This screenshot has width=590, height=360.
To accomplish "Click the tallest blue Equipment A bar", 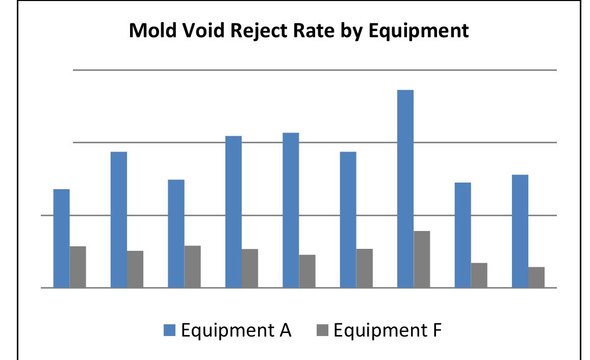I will [405, 189].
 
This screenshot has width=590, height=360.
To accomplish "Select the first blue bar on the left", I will [62, 238].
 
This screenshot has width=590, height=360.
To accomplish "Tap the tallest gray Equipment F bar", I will [422, 259].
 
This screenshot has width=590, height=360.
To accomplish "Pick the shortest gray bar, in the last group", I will [536, 277].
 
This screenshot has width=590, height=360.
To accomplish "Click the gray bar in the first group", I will [78, 267].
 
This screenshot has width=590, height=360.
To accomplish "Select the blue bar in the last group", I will [520, 231].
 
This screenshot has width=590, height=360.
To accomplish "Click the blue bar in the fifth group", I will [291, 210].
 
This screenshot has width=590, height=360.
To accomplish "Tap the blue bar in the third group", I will [176, 234].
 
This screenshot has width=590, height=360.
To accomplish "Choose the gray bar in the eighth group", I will [479, 275].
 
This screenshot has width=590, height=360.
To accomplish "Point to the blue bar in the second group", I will [119, 219].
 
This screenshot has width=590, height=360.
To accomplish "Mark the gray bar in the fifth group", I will [307, 271].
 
